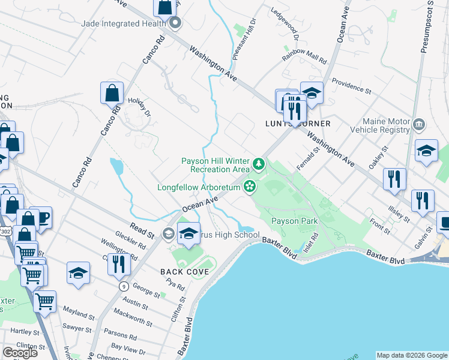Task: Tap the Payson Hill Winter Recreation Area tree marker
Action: coord(259,163)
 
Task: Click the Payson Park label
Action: coord(294,221)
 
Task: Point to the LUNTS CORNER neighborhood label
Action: coord(298,124)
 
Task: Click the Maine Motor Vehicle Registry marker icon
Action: coord(419,125)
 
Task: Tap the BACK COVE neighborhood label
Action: coord(184,272)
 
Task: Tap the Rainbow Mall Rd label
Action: coord(304,59)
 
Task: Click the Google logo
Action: coord(20,353)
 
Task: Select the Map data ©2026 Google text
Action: coord(411,355)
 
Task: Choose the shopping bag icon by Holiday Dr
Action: coord(112,93)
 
